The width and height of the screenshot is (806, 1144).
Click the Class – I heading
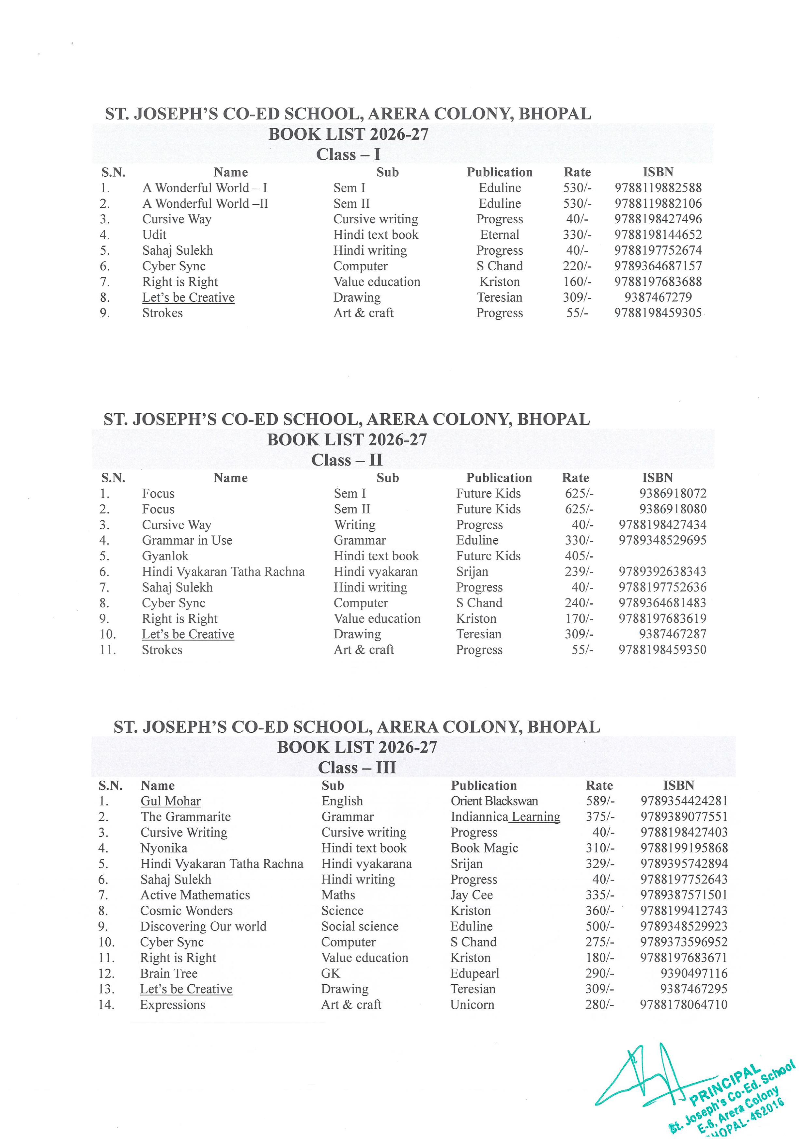pos(348,154)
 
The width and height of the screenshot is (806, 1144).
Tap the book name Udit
pos(154,235)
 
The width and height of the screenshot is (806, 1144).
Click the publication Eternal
pos(499,235)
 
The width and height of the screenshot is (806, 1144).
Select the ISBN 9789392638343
pos(662,571)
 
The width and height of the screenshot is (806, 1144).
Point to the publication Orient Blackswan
pos(494,801)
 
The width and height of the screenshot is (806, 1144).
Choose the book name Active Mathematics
pos(195,895)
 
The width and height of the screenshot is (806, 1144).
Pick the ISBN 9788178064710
pos(683,1005)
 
